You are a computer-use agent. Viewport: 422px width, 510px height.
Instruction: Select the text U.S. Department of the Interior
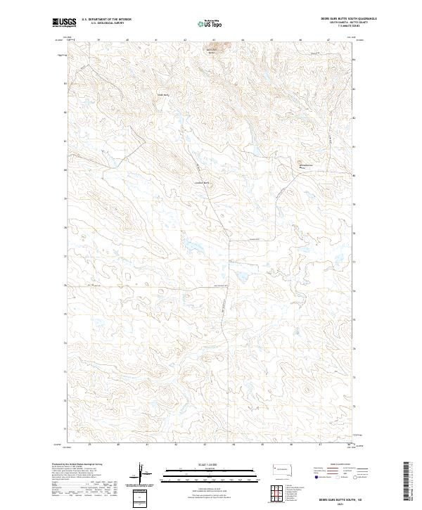[106, 19]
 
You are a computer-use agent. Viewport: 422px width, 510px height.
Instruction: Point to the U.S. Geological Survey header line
[106, 23]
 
